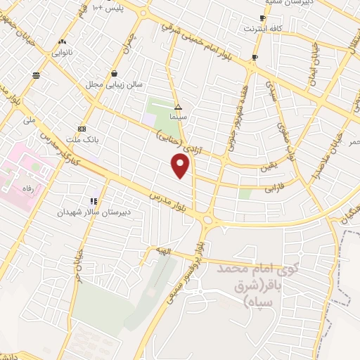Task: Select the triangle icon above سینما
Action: point(178,108)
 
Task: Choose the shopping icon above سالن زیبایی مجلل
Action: point(114,73)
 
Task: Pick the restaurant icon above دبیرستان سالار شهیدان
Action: point(94,201)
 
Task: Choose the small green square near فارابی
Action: point(245,193)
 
